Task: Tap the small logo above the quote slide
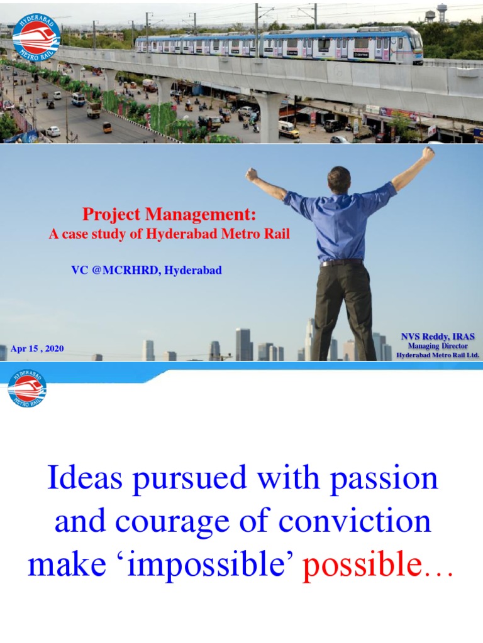[x=27, y=387]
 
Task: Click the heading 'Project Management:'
[x=170, y=215]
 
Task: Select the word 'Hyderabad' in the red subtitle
[x=184, y=235]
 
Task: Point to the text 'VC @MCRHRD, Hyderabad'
[x=147, y=270]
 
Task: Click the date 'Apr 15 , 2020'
[x=37, y=349]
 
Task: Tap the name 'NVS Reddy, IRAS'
[x=438, y=337]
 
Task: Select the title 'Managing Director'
[x=438, y=346]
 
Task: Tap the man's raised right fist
[x=428, y=154]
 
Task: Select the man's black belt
[x=341, y=262]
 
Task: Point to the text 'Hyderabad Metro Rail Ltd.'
[x=438, y=355]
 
